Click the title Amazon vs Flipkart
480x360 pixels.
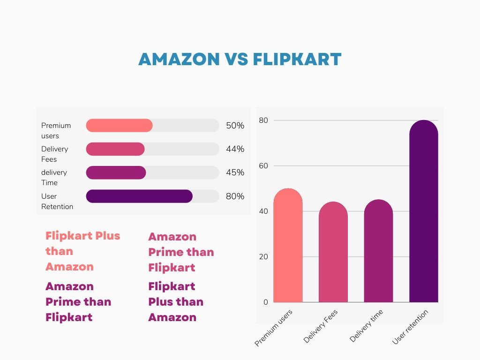[240, 60]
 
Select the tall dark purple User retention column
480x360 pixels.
[423, 211]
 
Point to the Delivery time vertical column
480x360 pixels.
[378, 251]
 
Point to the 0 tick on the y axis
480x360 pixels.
[266, 302]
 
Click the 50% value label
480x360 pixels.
[235, 126]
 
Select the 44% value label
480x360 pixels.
[235, 149]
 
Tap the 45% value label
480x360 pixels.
[235, 172]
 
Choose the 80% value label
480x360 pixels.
[235, 196]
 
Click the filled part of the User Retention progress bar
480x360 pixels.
[139, 196]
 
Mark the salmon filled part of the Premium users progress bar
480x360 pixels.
[119, 126]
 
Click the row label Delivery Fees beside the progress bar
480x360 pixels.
[54, 154]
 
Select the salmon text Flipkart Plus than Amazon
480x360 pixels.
[82, 251]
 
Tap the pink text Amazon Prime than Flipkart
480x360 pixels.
[181, 252]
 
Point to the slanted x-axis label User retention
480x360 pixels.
[410, 327]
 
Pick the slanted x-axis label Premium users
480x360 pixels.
[274, 328]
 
